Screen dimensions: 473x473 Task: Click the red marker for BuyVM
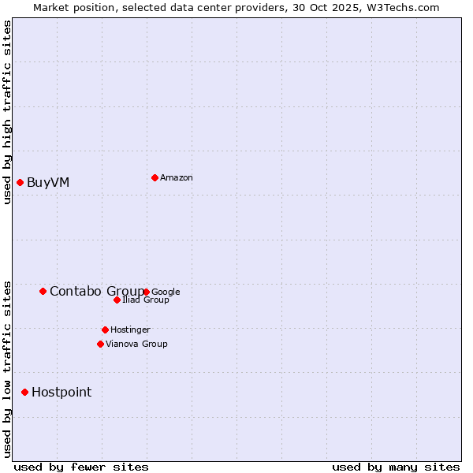click(x=20, y=182)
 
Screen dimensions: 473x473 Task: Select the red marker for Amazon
click(x=155, y=177)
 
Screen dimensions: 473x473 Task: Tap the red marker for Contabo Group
click(x=43, y=291)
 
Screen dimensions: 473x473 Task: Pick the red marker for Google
click(x=147, y=292)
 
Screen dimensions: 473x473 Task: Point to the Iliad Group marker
click(x=117, y=300)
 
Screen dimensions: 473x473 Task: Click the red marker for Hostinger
click(x=105, y=330)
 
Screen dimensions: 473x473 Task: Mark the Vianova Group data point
click(x=100, y=344)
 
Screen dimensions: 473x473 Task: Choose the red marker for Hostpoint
click(x=24, y=392)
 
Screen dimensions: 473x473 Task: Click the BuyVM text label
click(x=48, y=183)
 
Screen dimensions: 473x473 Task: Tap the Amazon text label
click(x=177, y=178)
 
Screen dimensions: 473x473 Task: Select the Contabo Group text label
click(x=96, y=292)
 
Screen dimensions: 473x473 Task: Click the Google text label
click(x=166, y=292)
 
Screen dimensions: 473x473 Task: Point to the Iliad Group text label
click(x=146, y=300)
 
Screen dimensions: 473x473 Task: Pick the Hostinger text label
click(x=130, y=330)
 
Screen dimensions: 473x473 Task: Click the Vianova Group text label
click(x=136, y=345)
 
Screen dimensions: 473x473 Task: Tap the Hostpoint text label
click(x=61, y=393)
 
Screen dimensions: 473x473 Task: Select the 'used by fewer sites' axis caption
click(x=81, y=467)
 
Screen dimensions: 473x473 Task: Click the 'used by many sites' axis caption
click(x=396, y=467)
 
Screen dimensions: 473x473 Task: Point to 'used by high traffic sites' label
click(x=8, y=112)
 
